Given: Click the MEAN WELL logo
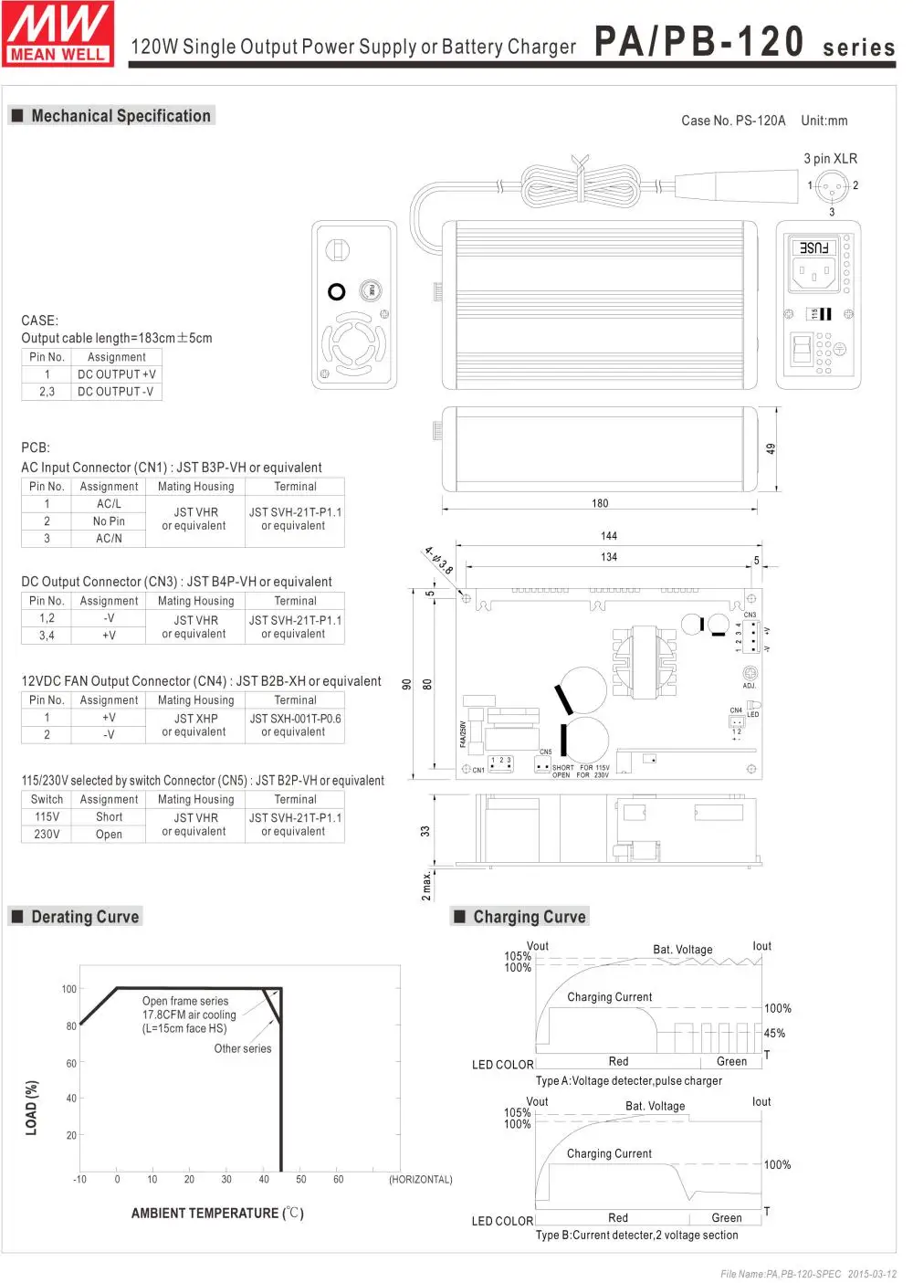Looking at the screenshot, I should pyautogui.click(x=58, y=34).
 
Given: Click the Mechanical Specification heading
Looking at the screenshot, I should pyautogui.click(x=121, y=116).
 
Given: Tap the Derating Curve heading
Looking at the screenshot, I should pyautogui.click(x=85, y=917).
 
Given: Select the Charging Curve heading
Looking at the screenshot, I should pyautogui.click(x=529, y=917).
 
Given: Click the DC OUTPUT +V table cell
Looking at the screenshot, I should pyautogui.click(x=116, y=374).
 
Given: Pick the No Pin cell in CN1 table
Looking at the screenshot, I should pyautogui.click(x=109, y=521).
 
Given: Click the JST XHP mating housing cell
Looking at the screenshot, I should pyautogui.click(x=195, y=719).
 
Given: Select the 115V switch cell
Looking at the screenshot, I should pyautogui.click(x=47, y=817).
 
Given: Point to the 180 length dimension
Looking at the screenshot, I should pyautogui.click(x=600, y=503).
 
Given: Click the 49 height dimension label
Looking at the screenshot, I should pyautogui.click(x=771, y=448).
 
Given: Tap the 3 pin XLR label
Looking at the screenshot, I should pyautogui.click(x=830, y=159).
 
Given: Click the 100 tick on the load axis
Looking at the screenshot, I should pyautogui.click(x=69, y=989).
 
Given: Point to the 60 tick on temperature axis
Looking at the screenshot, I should pyautogui.click(x=338, y=1180).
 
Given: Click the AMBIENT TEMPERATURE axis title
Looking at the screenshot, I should pyautogui.click(x=217, y=1214).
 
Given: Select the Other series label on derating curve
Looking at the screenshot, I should pyautogui.click(x=243, y=1049).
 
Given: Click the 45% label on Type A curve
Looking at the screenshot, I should pyautogui.click(x=774, y=1034).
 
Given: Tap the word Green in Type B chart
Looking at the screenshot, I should pyautogui.click(x=727, y=1218).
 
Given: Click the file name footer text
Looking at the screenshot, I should pyautogui.click(x=808, y=1274).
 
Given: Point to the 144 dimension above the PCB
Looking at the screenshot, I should pyautogui.click(x=609, y=536).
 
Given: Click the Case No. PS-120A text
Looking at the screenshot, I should pyautogui.click(x=733, y=121).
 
